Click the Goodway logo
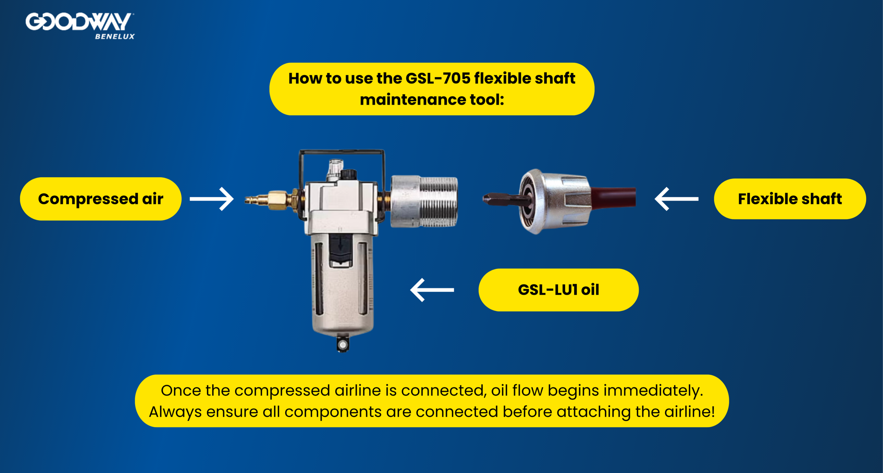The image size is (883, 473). click(x=79, y=22)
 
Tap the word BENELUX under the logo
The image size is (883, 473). click(x=115, y=37)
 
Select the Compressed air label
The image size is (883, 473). click(x=100, y=199)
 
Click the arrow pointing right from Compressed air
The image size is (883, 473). click(x=212, y=199)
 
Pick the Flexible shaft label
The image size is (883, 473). click(x=790, y=199)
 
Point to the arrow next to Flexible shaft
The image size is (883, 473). click(x=676, y=199)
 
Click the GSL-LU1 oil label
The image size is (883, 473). click(x=558, y=290)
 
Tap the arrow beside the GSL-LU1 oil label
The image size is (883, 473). click(x=432, y=290)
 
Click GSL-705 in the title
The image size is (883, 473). click(x=438, y=78)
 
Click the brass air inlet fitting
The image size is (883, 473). click(x=269, y=200)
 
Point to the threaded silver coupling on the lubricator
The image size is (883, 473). click(x=424, y=201)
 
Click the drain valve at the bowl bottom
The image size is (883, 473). click(x=343, y=344)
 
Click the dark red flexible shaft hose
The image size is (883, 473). click(x=614, y=197)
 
